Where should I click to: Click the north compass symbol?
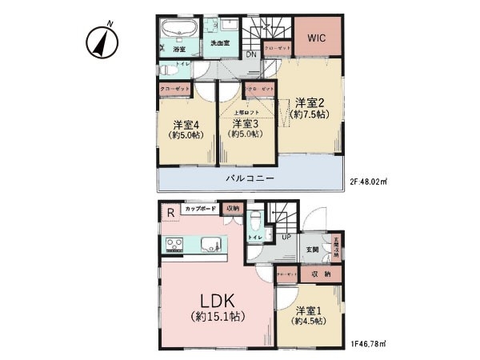click(x=102, y=42)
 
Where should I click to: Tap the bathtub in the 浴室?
click(x=176, y=32)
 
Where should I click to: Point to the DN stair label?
click(x=250, y=54)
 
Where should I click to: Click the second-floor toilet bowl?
click(x=166, y=70)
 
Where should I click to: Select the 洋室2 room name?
click(x=310, y=102)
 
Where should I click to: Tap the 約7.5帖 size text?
click(x=310, y=114)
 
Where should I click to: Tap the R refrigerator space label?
click(x=170, y=212)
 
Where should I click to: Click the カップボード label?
click(x=199, y=209)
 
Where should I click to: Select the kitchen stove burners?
click(x=174, y=244)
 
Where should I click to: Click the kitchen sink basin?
click(x=210, y=244)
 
